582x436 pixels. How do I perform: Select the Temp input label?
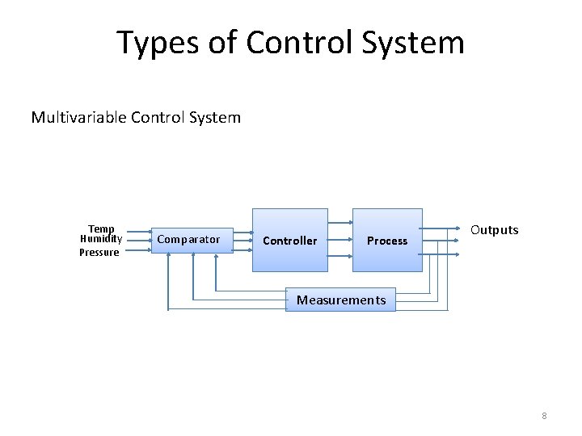(x=101, y=228)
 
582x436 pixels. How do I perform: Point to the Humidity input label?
(x=101, y=239)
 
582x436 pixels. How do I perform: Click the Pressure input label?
(x=99, y=252)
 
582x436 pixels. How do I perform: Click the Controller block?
(x=290, y=241)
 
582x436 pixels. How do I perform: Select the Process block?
(x=387, y=241)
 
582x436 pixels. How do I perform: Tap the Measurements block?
(x=341, y=300)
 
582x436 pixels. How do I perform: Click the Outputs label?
(x=494, y=230)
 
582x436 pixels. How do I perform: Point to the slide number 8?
(x=544, y=416)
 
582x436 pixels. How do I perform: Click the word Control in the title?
(x=295, y=43)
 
